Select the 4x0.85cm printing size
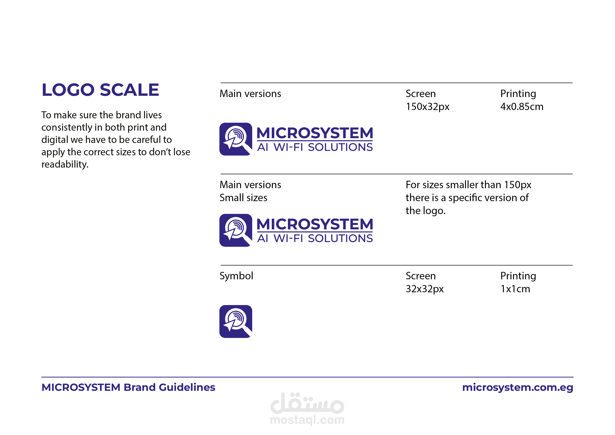522,107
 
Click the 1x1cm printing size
515,289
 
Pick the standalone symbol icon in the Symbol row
236,321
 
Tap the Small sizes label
243,198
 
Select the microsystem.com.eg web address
518,388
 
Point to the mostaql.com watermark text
307,420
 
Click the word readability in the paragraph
65,164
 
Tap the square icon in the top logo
236,139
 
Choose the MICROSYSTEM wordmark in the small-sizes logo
315,224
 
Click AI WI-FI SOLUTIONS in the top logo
315,147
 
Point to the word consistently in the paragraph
67,127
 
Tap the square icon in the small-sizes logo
236,230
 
